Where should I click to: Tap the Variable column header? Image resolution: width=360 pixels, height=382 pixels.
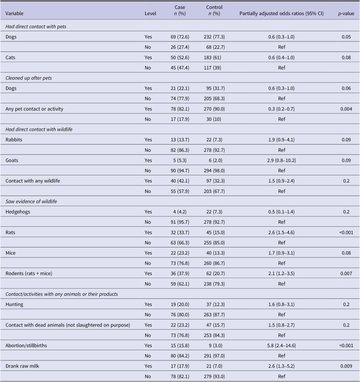point(15,14)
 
